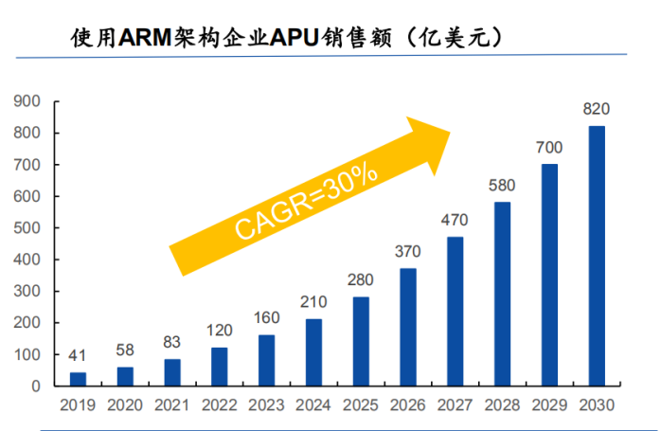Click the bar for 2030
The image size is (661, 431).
597,256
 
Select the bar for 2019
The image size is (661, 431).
78,379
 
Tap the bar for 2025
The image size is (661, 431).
361,341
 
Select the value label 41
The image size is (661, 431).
78,356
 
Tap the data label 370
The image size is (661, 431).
408,252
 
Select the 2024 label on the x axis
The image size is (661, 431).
313,405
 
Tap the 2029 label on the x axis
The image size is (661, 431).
549,405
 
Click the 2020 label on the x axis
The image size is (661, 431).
125,405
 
